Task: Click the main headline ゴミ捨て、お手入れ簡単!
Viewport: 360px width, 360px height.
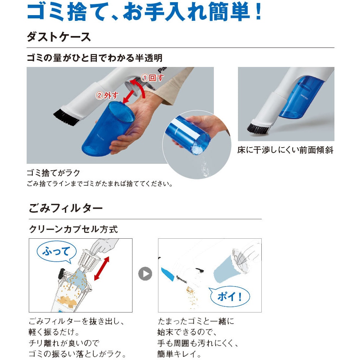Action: point(144,13)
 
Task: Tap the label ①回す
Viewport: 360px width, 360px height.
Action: point(152,77)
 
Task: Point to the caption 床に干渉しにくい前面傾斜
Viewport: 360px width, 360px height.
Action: point(285,150)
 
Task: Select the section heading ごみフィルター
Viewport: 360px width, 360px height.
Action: point(66,208)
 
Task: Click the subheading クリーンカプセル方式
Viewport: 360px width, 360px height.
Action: point(73,229)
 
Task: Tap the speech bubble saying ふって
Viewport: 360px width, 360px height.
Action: point(57,251)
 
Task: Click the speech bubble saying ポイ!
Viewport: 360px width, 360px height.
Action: point(229,296)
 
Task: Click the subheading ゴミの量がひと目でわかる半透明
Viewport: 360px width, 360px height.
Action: point(94,58)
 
